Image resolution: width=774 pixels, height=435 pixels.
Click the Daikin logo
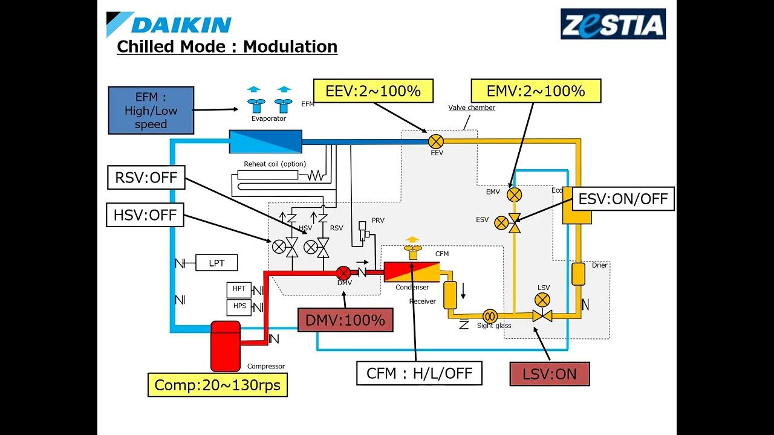tap(169, 24)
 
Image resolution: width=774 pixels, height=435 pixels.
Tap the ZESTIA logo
tap(613, 24)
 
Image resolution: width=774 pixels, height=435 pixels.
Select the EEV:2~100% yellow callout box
tap(373, 91)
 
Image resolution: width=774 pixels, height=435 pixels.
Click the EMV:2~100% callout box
tap(536, 91)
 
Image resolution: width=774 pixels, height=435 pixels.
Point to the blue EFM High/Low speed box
tap(151, 111)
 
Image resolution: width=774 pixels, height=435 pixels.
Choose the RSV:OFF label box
tap(146, 178)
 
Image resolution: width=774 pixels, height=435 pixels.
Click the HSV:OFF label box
tap(145, 214)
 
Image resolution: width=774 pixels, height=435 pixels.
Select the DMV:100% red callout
tap(345, 320)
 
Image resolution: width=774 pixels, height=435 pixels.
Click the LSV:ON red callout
tap(549, 374)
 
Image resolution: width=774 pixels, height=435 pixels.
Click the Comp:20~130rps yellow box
tap(218, 385)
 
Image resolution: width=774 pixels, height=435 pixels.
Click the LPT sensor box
tap(216, 263)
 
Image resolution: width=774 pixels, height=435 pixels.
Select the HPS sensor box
tap(239, 306)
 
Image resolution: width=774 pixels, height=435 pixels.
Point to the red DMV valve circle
tap(343, 272)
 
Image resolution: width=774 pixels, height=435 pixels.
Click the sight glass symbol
tap(490, 315)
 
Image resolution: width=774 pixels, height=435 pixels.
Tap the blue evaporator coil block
tap(265, 141)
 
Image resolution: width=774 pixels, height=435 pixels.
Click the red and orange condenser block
tap(411, 272)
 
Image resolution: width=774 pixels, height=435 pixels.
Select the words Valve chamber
tap(472, 108)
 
